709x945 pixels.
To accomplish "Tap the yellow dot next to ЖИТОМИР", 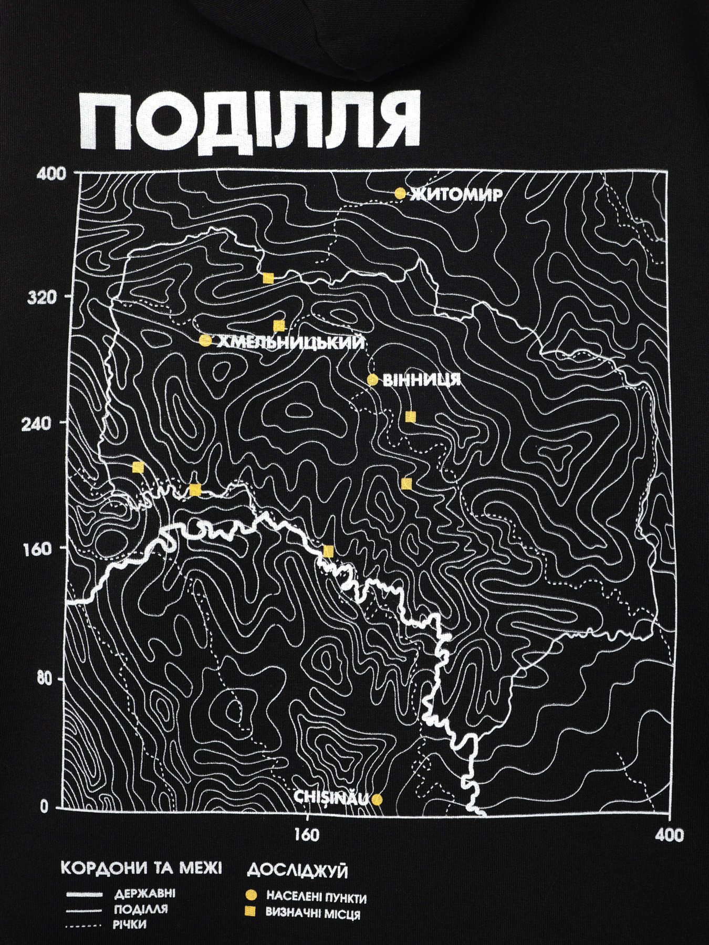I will pos(400,194).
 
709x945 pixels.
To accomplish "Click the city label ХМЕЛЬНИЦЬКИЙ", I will pos(290,342).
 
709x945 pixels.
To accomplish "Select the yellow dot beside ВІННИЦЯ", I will pos(372,380).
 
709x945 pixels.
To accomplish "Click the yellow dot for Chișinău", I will pos(377,814).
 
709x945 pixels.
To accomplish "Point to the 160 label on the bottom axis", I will pos(307,835).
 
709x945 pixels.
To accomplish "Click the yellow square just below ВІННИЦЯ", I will pos(411,417).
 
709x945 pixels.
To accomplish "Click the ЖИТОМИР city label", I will pos(456,195).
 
